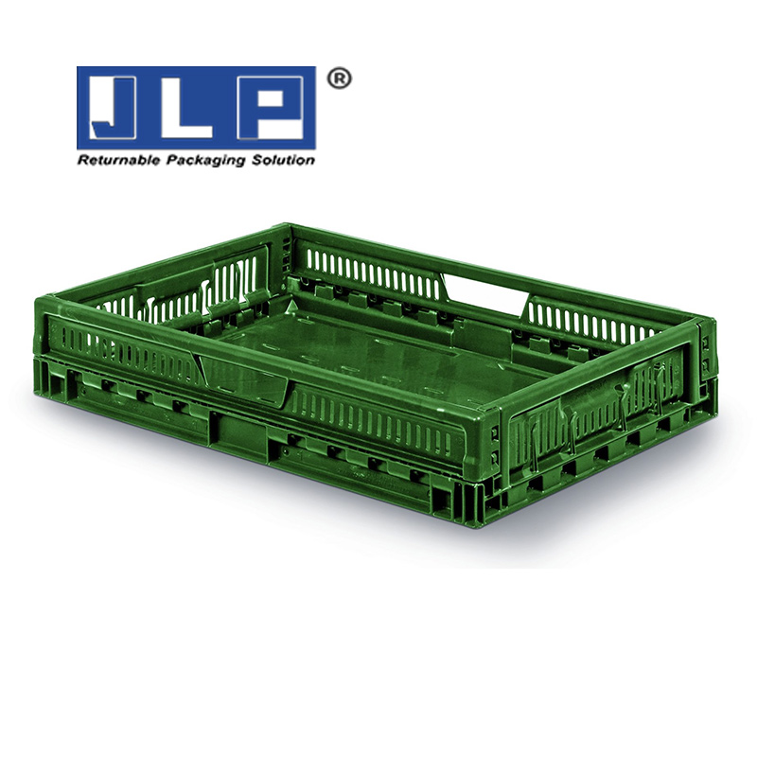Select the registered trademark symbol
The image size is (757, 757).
coord(339,79)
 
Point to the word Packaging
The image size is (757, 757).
coord(207,161)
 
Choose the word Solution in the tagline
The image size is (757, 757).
coord(284,160)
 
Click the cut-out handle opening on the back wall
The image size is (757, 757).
coord(485,290)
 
